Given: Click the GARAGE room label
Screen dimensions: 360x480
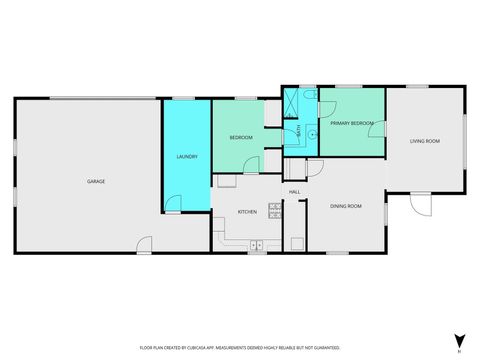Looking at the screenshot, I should (x=96, y=181).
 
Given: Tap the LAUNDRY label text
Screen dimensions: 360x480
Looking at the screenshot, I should (x=186, y=157).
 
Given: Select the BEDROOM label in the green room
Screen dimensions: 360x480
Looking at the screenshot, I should (x=240, y=137).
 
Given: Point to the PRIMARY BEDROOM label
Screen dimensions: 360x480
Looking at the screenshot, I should (x=352, y=123).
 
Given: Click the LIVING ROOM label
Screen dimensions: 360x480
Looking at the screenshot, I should (x=424, y=141).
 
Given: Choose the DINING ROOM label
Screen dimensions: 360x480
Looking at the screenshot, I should (x=346, y=206).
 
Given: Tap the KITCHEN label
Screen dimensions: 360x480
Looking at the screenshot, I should (x=248, y=212).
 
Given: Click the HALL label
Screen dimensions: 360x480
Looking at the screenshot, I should (x=295, y=191).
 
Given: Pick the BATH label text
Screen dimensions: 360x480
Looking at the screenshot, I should (x=299, y=129).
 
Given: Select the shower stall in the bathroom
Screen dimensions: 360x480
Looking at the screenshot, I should (x=292, y=103).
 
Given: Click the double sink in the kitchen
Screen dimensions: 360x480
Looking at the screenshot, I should (x=256, y=244).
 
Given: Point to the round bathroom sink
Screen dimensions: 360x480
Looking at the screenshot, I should (x=311, y=132).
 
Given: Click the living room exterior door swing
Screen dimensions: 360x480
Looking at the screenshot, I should (x=422, y=205).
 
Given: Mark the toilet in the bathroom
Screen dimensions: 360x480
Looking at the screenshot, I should (x=311, y=95).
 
